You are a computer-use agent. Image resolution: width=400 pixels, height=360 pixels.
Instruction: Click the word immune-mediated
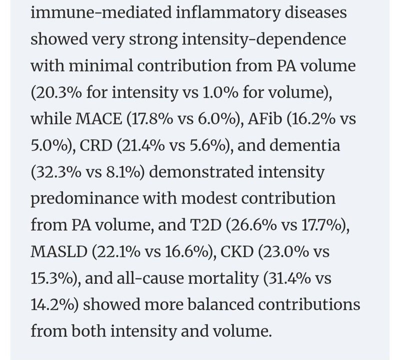point(101,12)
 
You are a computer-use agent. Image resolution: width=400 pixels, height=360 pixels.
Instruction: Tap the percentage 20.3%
point(58,92)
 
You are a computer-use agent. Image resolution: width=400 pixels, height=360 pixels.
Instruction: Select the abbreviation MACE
point(99,118)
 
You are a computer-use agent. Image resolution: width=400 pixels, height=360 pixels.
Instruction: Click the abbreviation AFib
point(265,118)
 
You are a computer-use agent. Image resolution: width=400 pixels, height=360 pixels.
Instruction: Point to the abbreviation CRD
point(96,145)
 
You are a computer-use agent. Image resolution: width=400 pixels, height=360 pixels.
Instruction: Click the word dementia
point(304,145)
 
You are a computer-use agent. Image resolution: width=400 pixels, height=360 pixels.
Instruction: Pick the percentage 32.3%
point(58,172)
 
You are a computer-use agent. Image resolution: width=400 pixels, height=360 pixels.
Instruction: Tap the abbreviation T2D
point(205,225)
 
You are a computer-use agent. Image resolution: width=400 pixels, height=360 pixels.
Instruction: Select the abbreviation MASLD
point(59,251)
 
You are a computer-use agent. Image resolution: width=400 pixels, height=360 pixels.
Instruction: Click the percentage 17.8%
point(152,118)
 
